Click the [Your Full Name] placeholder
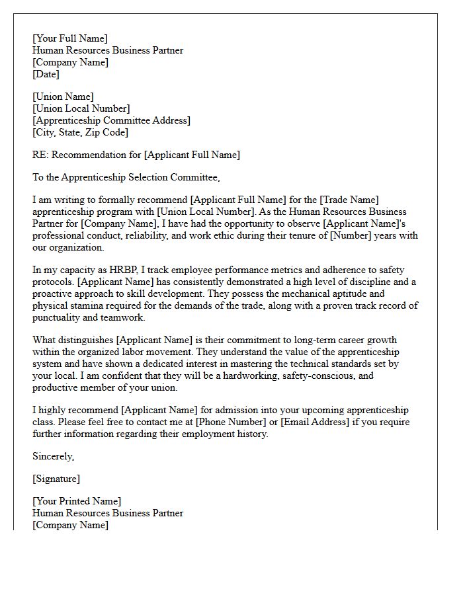pos(69,39)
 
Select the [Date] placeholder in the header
pos(46,75)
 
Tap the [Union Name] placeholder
pos(63,97)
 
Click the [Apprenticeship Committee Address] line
pos(111,120)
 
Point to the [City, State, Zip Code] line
pos(80,132)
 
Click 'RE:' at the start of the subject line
pos(40,155)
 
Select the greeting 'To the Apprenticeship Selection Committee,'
pos(126,177)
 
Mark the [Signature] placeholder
pos(56,479)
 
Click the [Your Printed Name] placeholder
pos(77,501)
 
